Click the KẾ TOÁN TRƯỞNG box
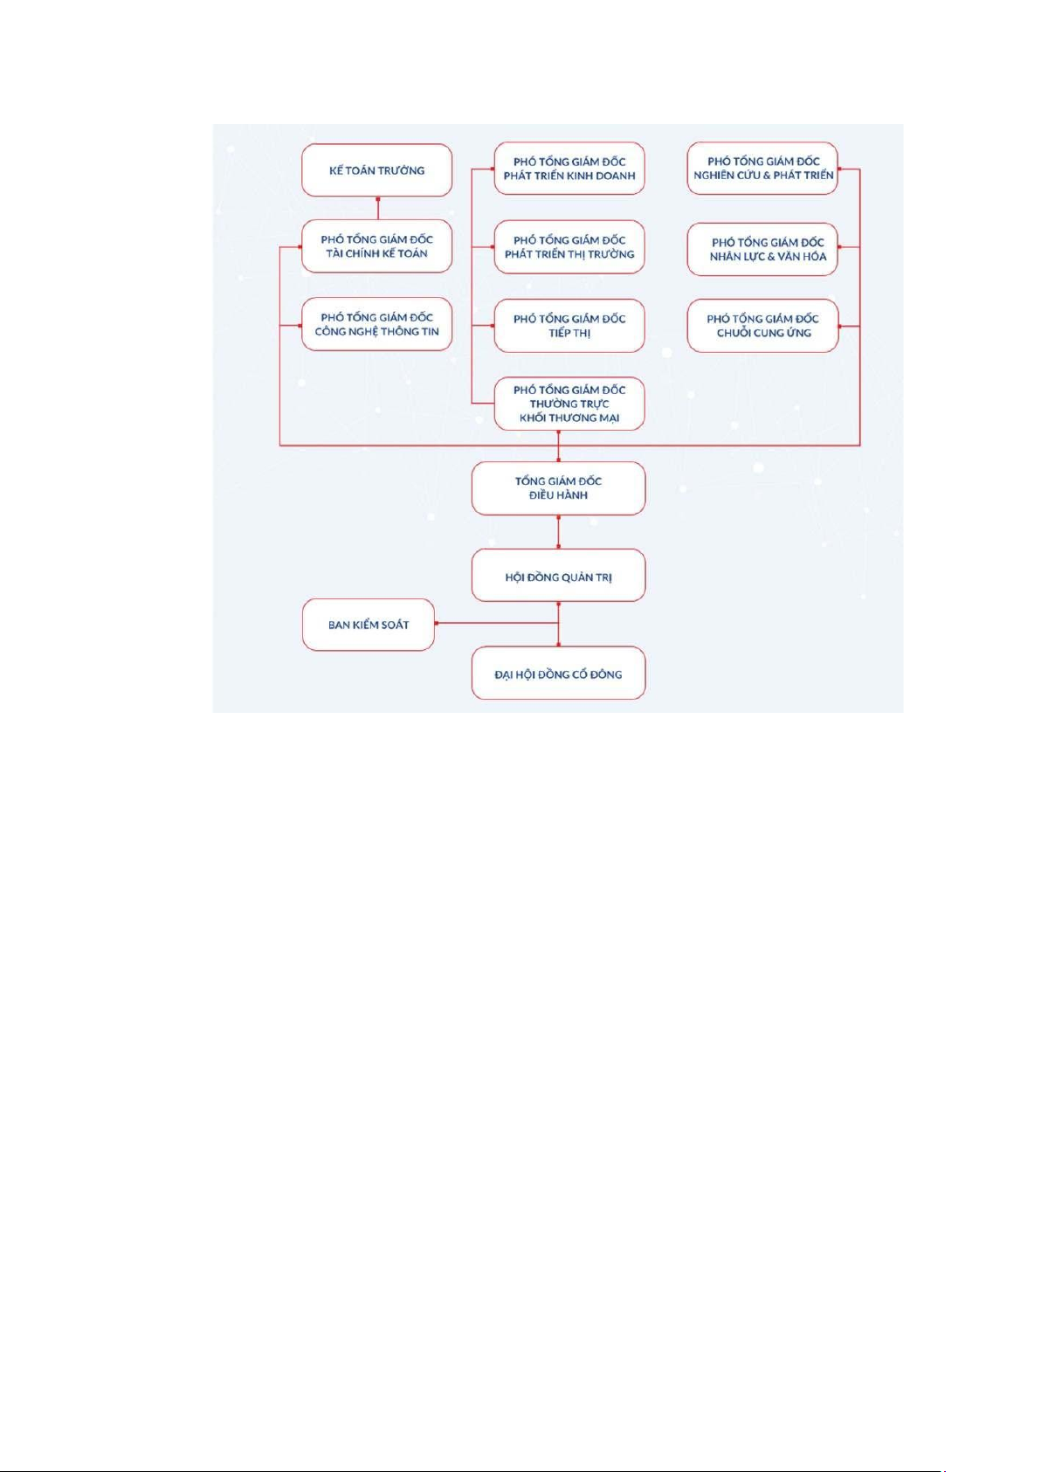coord(377,170)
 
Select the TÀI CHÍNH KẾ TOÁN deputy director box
coord(377,246)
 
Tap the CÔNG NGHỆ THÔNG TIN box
coord(377,325)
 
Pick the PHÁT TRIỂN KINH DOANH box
coord(569,169)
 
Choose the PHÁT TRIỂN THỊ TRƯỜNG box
coord(569,247)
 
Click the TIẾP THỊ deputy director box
coord(569,326)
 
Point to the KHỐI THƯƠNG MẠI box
coord(569,404)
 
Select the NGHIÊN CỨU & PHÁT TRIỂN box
coord(763,169)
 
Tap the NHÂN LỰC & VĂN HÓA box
coord(763,249)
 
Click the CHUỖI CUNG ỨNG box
coord(763,326)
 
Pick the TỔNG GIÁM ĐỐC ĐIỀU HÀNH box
coord(558,488)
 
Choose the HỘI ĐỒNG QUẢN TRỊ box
coord(558,575)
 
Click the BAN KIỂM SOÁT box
coord(369,625)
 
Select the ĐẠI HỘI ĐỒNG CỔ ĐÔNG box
coord(558,673)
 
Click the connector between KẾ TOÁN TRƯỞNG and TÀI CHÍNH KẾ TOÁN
coord(377,208)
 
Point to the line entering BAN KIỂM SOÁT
coord(497,623)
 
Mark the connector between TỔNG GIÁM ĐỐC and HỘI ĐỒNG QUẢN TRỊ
coord(558,532)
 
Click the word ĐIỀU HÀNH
coord(558,495)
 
